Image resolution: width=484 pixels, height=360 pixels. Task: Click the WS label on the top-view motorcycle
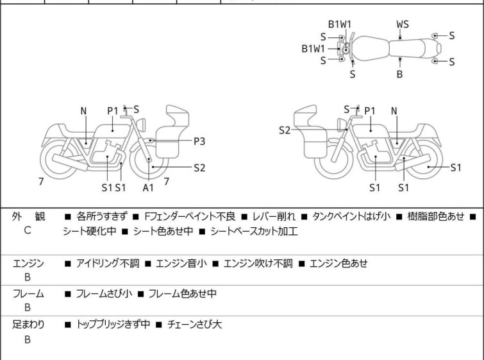(x=402, y=24)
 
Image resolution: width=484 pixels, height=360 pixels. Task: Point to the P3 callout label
(x=200, y=141)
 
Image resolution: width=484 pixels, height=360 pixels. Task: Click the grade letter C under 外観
(x=28, y=232)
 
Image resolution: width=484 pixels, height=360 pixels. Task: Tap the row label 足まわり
(x=29, y=325)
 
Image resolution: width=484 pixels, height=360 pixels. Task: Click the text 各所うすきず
(x=103, y=217)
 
